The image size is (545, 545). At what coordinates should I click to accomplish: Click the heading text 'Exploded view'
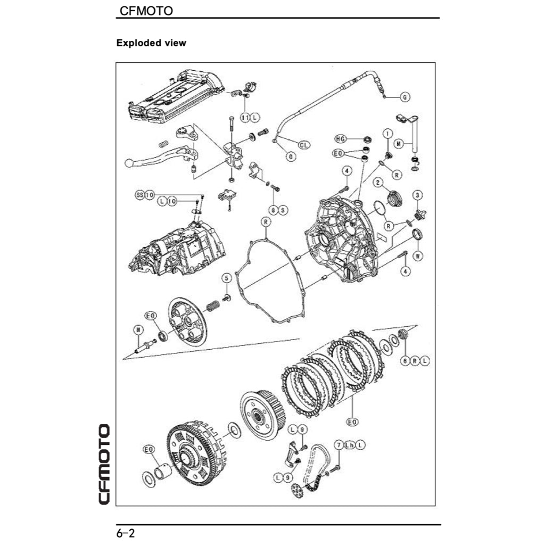pos(151,43)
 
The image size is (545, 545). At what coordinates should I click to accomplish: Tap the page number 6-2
pos(126,532)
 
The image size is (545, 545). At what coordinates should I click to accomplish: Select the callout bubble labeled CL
pos(304,144)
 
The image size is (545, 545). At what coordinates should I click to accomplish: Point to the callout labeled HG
pos(341,139)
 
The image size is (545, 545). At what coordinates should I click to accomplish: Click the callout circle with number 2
pos(378,183)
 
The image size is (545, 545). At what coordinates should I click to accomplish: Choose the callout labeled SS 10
pos(145,195)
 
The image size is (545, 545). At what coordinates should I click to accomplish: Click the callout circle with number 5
pos(227,278)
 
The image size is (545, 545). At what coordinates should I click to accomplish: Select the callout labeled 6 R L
pos(415,360)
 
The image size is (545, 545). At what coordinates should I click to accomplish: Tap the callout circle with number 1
pos(388,133)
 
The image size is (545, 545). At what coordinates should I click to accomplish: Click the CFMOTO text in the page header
pos(146,11)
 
